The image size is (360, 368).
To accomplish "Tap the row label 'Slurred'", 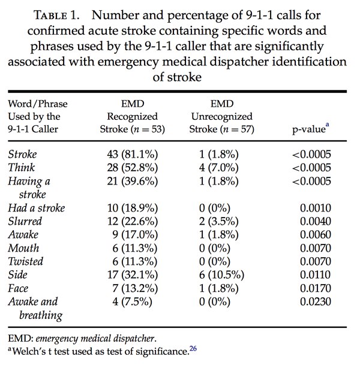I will [x=25, y=222].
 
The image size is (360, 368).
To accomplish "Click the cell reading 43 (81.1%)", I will [x=133, y=155].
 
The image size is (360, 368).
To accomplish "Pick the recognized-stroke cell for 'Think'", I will [x=133, y=168].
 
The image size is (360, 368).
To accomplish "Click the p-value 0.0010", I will [x=316, y=209].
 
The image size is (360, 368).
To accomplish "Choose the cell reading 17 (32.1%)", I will [x=133, y=275].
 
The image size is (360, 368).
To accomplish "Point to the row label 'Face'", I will [x=19, y=288].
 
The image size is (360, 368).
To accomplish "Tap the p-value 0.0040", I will [x=316, y=222].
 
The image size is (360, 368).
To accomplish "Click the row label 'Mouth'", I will [x=24, y=248].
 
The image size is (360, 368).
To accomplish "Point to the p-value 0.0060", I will [x=316, y=235].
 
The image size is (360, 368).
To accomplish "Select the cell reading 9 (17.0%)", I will [x=133, y=235].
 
